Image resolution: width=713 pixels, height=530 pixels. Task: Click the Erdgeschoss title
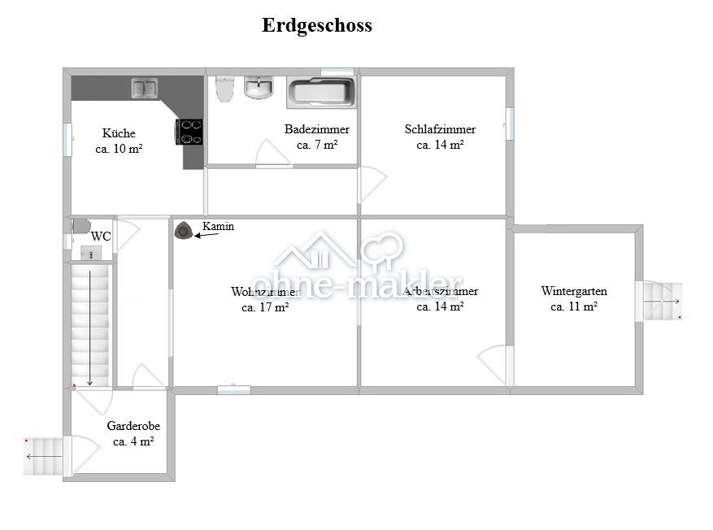click(x=316, y=25)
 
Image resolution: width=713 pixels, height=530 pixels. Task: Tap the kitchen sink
click(x=145, y=87)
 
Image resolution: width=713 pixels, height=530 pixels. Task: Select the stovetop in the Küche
click(x=190, y=132)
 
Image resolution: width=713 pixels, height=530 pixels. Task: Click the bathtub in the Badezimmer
click(x=322, y=92)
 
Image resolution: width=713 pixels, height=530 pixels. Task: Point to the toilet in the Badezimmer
click(x=224, y=89)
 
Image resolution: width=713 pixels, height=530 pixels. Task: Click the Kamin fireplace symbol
click(x=185, y=231)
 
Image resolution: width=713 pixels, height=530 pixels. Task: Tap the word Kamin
click(x=218, y=227)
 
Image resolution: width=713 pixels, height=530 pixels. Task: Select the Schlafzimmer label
click(x=440, y=129)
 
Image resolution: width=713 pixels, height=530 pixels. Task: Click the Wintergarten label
click(x=574, y=291)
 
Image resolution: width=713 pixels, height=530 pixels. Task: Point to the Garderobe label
click(x=133, y=426)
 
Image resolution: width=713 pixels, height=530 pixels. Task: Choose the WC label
click(x=101, y=237)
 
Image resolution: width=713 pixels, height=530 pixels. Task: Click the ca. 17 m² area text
click(x=265, y=307)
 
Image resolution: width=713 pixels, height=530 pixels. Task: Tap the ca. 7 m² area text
click(x=316, y=145)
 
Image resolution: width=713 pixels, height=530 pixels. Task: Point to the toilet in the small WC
click(x=80, y=226)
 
